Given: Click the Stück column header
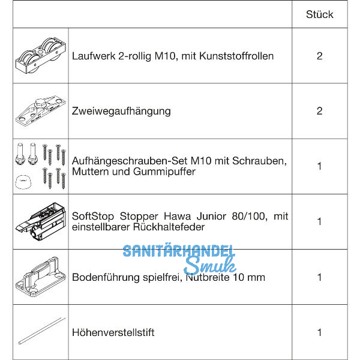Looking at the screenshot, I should coord(319,14).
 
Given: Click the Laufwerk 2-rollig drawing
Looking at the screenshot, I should coord(40,56).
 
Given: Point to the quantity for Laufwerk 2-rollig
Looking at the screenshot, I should coord(319,56).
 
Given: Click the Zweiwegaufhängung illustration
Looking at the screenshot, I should coord(40,111).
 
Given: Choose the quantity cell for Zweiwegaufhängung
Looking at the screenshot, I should coord(319,111).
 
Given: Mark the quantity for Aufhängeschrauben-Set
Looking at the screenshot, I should coord(319,166).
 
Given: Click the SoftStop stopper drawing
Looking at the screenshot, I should coord(40,221).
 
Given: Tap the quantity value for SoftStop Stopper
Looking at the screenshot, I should coord(319,221).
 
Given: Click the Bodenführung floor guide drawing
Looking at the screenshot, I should coord(40,277).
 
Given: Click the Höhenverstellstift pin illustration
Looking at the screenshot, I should coord(40,332).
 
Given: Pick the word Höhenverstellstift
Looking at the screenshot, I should coord(113,332).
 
